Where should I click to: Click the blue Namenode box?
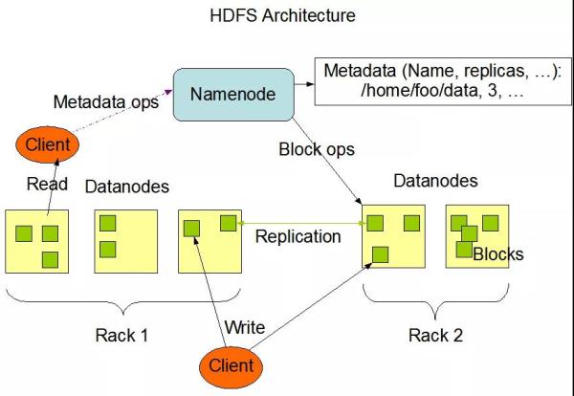pyautogui.click(x=233, y=95)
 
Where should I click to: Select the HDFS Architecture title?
pyautogui.click(x=282, y=15)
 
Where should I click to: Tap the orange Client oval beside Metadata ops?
pyautogui.click(x=47, y=144)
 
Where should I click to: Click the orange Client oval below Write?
pyautogui.click(x=231, y=366)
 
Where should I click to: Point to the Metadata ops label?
pyautogui.click(x=106, y=101)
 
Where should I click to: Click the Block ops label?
pyautogui.click(x=317, y=149)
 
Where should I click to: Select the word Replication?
pyautogui.click(x=298, y=236)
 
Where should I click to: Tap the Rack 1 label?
pyautogui.click(x=121, y=335)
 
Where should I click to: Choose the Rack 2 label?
pyautogui.click(x=435, y=335)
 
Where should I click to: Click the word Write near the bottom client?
pyautogui.click(x=245, y=327)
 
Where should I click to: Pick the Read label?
pyautogui.click(x=47, y=184)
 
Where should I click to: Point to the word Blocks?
pyautogui.click(x=498, y=254)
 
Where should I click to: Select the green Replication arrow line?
pyautogui.click(x=301, y=223)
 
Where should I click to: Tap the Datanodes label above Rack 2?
pyautogui.click(x=435, y=181)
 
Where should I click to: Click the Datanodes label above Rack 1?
pyautogui.click(x=127, y=187)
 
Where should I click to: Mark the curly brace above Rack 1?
pyautogui.click(x=123, y=302)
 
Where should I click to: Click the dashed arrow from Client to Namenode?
pyautogui.click(x=121, y=110)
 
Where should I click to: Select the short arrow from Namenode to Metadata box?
pyautogui.click(x=304, y=84)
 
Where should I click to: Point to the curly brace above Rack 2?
pyautogui.click(x=435, y=302)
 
